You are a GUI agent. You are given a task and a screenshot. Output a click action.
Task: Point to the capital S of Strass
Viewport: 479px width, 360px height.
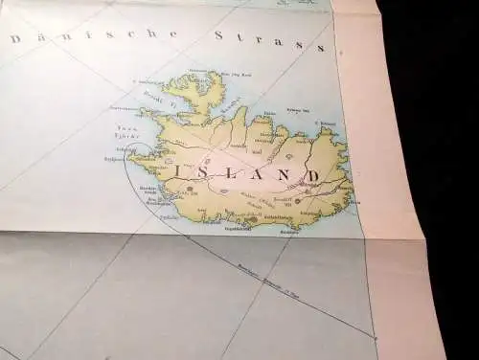point(219,36)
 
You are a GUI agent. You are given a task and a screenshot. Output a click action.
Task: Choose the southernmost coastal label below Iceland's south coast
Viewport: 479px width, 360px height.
point(238,228)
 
